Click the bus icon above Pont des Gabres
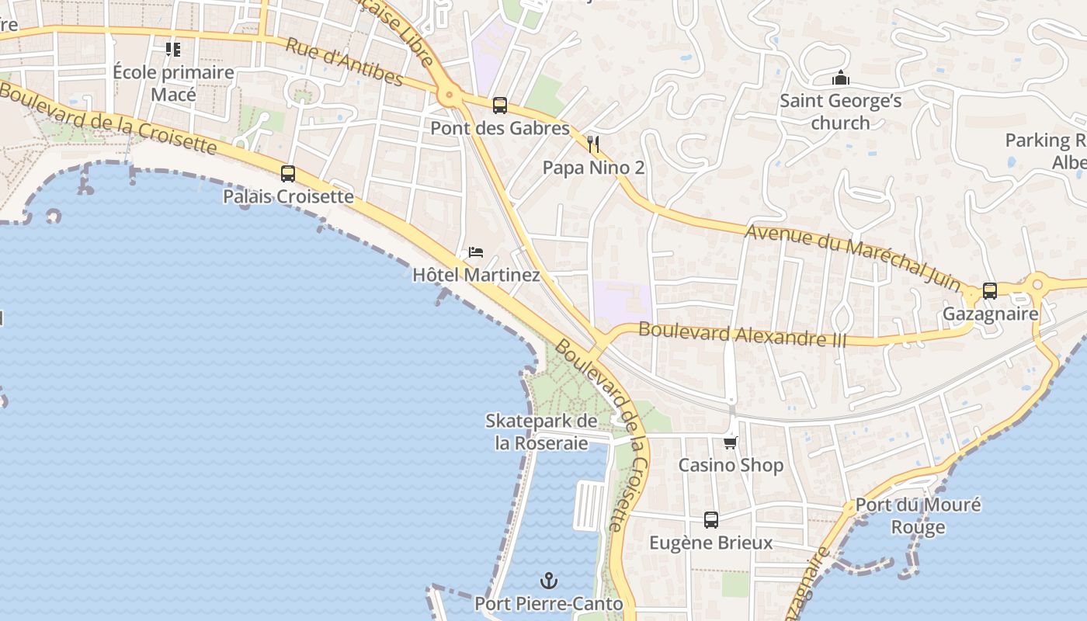pyautogui.click(x=500, y=106)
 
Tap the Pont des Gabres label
pyautogui.click(x=500, y=128)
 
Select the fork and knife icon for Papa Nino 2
pyautogui.click(x=594, y=144)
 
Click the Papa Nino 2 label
pyautogui.click(x=593, y=168)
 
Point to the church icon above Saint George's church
pyautogui.click(x=840, y=78)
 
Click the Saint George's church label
pyautogui.click(x=840, y=112)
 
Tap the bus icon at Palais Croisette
pyautogui.click(x=288, y=174)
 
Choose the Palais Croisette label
pyautogui.click(x=288, y=196)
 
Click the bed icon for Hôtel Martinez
pyautogui.click(x=476, y=252)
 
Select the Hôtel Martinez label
pyautogui.click(x=476, y=275)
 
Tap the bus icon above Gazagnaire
pyautogui.click(x=990, y=291)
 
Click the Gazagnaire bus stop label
pyautogui.click(x=990, y=314)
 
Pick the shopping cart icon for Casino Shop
pyautogui.click(x=731, y=442)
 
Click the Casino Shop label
pyautogui.click(x=731, y=465)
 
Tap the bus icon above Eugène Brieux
pyautogui.click(x=711, y=520)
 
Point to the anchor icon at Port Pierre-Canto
pyautogui.click(x=549, y=581)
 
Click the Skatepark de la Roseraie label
pyautogui.click(x=541, y=432)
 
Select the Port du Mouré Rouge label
pyautogui.click(x=918, y=515)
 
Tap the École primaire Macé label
pyautogui.click(x=173, y=83)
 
